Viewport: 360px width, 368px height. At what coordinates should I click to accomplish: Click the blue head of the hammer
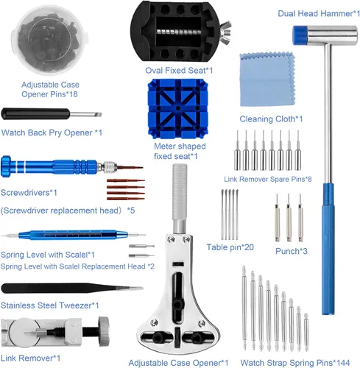300,35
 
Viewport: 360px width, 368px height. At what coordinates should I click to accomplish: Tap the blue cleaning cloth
267,79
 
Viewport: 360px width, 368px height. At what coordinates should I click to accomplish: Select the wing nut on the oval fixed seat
225,32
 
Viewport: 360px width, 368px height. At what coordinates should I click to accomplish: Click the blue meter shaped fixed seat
178,108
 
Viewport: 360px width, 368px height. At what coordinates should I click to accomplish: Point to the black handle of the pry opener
35,114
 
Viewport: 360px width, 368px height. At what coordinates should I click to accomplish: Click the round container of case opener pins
49,40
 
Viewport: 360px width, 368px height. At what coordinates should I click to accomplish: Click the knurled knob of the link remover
104,331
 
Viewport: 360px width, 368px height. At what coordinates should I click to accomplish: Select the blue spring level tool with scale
74,235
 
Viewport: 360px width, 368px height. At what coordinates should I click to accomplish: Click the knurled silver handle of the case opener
180,192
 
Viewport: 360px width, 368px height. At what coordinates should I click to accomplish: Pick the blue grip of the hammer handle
328,249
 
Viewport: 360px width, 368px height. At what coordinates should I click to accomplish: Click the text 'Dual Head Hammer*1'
319,13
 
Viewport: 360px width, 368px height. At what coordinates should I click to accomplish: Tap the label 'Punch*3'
292,251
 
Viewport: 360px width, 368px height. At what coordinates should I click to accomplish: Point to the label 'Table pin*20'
230,247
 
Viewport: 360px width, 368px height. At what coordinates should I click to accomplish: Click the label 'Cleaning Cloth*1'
271,119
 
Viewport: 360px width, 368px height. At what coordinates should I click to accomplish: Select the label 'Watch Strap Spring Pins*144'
295,363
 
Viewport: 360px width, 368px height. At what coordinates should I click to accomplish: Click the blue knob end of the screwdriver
6,166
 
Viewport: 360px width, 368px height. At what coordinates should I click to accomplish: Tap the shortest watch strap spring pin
306,332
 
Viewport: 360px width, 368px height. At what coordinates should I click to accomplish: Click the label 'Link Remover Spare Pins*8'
268,179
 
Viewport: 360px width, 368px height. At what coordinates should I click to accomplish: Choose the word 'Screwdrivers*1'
29,193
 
